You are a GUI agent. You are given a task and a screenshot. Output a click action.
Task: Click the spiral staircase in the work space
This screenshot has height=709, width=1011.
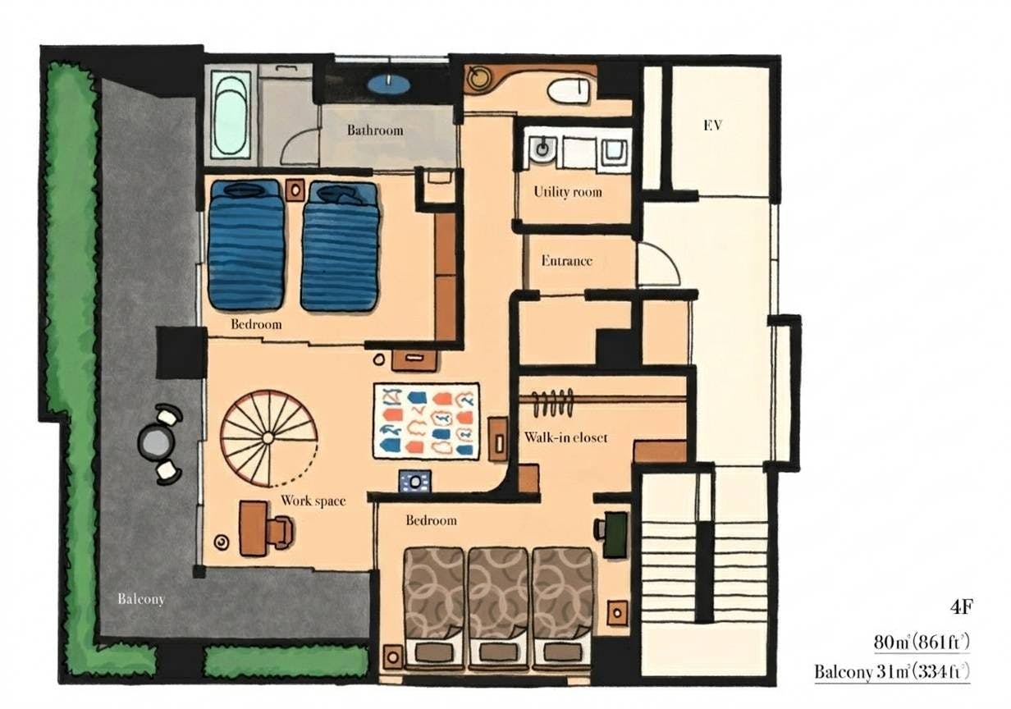point(269,438)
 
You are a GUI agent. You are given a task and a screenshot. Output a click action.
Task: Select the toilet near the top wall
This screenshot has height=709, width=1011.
point(569,92)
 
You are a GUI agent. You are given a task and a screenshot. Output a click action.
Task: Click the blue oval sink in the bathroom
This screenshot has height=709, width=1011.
point(389,84)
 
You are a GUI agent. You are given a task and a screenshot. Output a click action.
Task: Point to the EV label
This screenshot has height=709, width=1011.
point(712,126)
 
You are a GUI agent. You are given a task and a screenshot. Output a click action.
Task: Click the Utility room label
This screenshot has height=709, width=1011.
point(567,192)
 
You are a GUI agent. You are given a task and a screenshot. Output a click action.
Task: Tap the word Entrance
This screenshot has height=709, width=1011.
point(566,261)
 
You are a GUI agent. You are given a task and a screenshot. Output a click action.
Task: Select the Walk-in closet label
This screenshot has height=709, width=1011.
point(565,437)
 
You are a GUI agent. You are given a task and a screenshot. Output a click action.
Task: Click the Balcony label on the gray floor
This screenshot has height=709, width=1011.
point(141,599)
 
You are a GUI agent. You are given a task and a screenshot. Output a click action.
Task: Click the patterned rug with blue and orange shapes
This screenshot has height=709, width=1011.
point(427,422)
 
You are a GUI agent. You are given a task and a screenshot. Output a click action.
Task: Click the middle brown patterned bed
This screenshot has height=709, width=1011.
point(498,610)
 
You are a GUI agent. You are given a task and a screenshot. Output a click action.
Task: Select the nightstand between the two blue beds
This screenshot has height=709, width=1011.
point(295,190)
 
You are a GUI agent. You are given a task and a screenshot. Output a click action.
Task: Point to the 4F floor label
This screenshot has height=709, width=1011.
point(961,607)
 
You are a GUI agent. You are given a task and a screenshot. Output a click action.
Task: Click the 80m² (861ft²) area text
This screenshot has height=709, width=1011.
point(922,643)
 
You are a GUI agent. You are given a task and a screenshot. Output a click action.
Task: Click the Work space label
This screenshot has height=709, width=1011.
point(313,501)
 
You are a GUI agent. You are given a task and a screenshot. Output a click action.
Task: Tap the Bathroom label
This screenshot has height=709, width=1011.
point(375,130)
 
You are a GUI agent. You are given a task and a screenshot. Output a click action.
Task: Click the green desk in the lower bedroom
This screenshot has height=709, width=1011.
point(615,535)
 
